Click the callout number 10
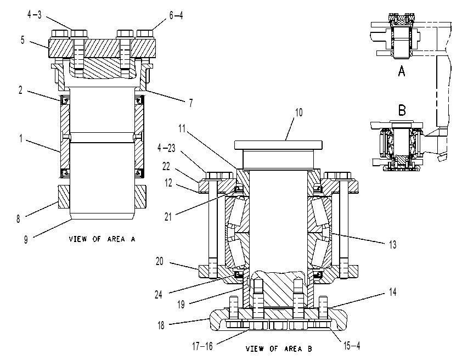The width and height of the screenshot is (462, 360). click(x=299, y=113)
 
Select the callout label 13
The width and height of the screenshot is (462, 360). click(x=392, y=245)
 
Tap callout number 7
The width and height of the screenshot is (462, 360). click(x=191, y=103)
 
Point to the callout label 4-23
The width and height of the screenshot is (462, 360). click(x=166, y=148)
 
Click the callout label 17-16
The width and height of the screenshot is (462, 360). click(x=202, y=346)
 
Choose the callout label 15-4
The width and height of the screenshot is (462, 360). click(x=352, y=346)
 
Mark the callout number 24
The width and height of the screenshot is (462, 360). click(x=159, y=295)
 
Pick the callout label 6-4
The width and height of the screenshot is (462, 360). click(x=176, y=15)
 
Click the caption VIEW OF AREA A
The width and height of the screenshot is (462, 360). click(x=102, y=239)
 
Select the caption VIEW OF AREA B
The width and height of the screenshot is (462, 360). click(x=279, y=349)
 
